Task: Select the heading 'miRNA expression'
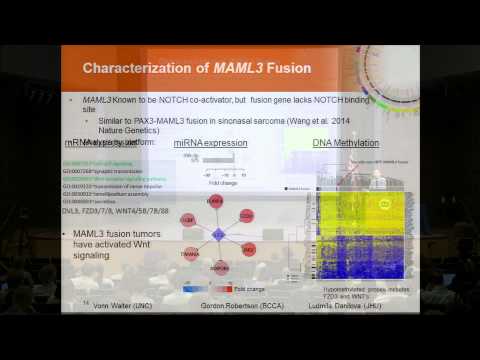[x=210, y=144]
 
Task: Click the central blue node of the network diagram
[x=215, y=235]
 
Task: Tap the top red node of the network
[x=215, y=201]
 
